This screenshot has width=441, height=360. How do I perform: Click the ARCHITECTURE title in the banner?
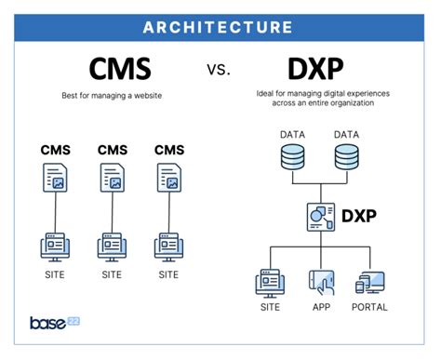tap(220, 26)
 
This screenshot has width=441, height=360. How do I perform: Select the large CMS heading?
tap(119, 70)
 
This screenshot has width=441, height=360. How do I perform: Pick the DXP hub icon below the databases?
tap(319, 217)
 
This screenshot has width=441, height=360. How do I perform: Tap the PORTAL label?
tap(368, 307)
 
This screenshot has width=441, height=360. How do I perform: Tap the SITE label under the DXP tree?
tap(270, 307)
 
